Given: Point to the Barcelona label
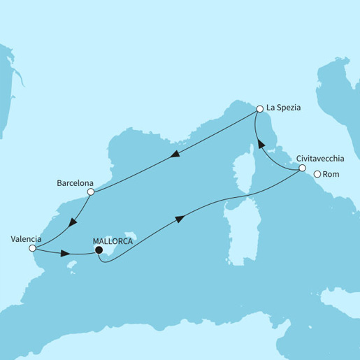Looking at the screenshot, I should click(x=75, y=183).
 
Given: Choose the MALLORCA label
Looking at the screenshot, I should click(x=113, y=239).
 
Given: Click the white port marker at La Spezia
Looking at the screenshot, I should click(x=260, y=109).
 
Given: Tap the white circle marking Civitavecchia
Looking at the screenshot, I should click(x=302, y=168).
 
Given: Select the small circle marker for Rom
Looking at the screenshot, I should click(x=317, y=175).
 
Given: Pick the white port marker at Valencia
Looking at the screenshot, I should click(x=32, y=247).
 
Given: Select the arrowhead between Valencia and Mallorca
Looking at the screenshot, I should click(x=65, y=253).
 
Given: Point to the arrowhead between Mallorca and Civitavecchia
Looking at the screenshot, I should click(x=180, y=219).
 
